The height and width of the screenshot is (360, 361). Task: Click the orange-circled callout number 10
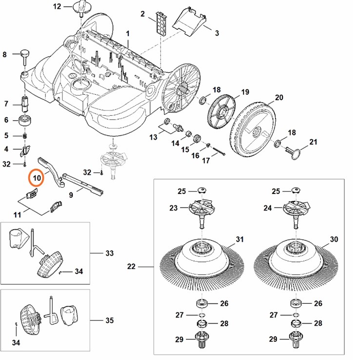[37, 177]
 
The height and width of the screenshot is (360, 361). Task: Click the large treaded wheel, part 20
[256, 128]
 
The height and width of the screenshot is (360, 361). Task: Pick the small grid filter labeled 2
[160, 22]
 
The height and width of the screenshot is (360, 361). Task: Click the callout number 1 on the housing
[128, 33]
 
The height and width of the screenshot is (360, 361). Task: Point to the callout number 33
[109, 253]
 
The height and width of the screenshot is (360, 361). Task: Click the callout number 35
[109, 320]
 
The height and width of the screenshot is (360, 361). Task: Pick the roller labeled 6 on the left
[25, 120]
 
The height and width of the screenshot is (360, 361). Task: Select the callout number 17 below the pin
[206, 160]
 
